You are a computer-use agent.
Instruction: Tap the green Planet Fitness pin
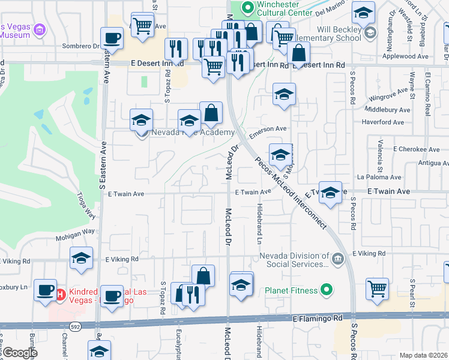coord(326,291)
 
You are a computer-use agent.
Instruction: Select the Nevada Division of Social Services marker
coord(337,259)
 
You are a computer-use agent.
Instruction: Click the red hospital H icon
coord(60,294)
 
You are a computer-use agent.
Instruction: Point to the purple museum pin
coord(40,29)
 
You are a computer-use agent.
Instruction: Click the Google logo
coord(19,353)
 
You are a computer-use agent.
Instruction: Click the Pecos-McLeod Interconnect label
coord(291,193)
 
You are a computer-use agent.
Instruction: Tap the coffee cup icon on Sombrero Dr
coord(112,38)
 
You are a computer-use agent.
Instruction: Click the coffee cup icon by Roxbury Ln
coord(45,289)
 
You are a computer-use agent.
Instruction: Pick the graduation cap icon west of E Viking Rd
coord(81,258)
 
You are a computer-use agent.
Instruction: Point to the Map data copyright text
coord(424,355)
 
